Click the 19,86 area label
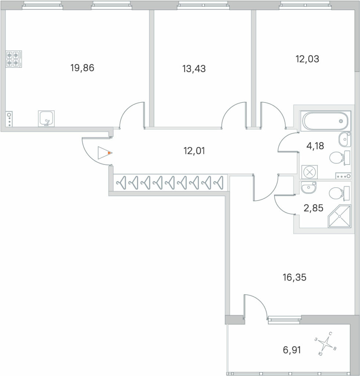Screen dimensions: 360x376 click(x=82, y=68)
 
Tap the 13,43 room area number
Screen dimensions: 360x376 click(x=194, y=69)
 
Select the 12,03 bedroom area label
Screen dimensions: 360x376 click(x=307, y=59)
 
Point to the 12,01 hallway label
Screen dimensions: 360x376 click(x=194, y=151)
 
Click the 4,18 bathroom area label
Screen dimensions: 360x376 click(x=316, y=146)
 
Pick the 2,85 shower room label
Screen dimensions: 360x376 click(x=313, y=208)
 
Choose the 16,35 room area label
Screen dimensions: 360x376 click(x=295, y=278)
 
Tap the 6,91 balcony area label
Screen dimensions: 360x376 click(x=292, y=350)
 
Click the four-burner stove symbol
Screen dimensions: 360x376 click(x=14, y=59)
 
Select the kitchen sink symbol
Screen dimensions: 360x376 click(x=46, y=119)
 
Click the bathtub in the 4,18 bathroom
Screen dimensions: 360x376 click(x=325, y=121)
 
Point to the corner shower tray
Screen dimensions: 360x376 click(x=339, y=216)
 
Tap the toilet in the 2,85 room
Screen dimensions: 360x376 click(x=339, y=193)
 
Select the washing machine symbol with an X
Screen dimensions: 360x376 click(x=309, y=172)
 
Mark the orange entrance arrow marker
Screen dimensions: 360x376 click(x=109, y=153)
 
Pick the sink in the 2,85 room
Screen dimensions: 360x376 click(x=309, y=187)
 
